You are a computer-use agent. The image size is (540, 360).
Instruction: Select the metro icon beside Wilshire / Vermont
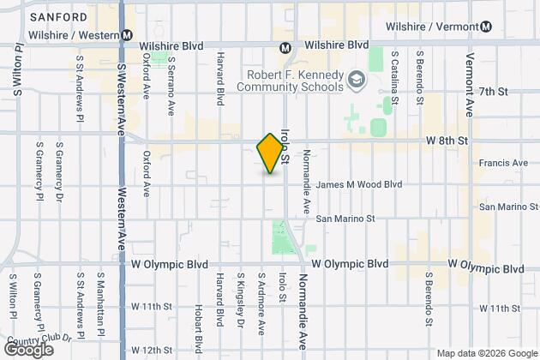coord(487,26)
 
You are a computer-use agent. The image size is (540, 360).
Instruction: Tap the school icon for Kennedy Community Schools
coord(354,81)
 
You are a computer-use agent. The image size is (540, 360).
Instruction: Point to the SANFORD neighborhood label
coord(57,17)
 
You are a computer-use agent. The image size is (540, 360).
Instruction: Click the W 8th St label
coord(447,139)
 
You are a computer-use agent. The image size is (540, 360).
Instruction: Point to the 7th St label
coord(495,91)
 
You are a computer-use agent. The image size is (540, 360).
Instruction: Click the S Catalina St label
coord(394,79)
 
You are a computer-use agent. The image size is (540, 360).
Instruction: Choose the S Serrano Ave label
coord(171,85)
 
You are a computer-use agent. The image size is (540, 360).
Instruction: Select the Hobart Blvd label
coord(197,327)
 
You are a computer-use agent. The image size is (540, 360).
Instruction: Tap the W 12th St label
coord(151,350)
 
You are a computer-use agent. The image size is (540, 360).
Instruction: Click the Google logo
coord(27,350)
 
